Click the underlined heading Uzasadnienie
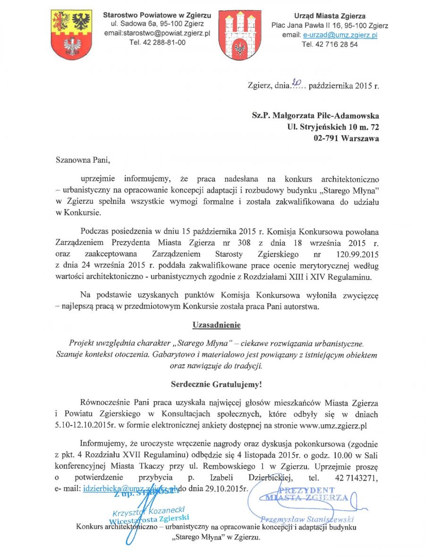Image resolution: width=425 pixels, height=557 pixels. coord(216,325)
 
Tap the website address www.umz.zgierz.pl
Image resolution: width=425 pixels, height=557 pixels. coord(334,426)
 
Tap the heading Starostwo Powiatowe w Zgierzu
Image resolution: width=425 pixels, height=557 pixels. coord(157,16)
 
